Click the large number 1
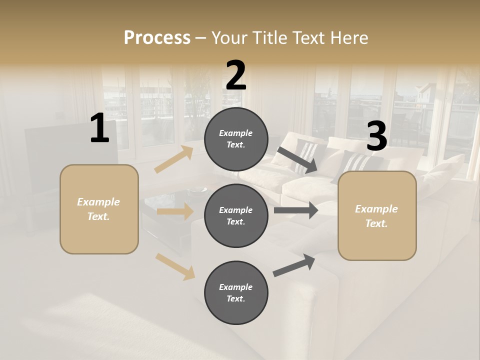tap(99, 128)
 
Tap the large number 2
tap(236, 75)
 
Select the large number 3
tap(376, 136)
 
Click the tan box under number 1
tap(99, 209)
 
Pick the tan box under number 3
tap(377, 216)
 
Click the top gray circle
tap(236, 139)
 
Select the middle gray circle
tap(236, 216)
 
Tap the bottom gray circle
tap(236, 293)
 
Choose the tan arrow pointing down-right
tap(175, 266)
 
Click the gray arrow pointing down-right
tap(298, 160)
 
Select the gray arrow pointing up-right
tap(294, 265)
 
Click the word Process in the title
tap(157, 37)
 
